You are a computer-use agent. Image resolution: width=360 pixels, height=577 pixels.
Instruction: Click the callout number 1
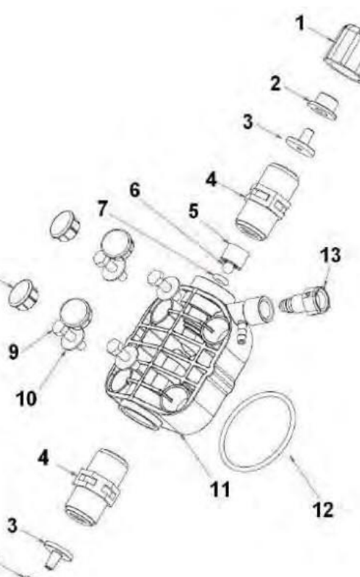301,23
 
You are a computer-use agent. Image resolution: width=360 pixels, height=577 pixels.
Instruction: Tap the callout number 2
275,83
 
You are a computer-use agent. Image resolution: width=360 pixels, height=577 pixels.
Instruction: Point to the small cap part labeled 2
323,106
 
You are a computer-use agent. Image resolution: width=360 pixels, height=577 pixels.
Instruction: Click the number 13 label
330,255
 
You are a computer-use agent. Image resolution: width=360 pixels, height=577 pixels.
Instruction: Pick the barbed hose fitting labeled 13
305,300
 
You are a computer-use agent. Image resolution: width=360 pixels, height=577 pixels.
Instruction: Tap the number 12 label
323,510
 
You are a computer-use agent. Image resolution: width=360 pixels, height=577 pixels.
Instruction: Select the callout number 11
219,489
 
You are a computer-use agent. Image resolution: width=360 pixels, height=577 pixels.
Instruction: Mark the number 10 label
26,398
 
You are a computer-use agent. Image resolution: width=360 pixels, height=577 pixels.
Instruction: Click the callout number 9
13,352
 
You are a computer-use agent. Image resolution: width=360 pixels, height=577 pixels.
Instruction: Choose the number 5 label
193,211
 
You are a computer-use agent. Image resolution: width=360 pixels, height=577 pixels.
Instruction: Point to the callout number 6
135,190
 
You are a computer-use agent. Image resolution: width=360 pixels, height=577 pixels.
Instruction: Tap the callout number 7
102,209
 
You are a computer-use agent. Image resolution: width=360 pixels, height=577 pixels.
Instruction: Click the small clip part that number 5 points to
235,255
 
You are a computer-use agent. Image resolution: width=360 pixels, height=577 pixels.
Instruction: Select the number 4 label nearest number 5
211,180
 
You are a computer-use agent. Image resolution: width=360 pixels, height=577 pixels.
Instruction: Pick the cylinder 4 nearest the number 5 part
267,202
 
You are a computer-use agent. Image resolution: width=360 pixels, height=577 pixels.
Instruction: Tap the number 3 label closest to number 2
248,122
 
